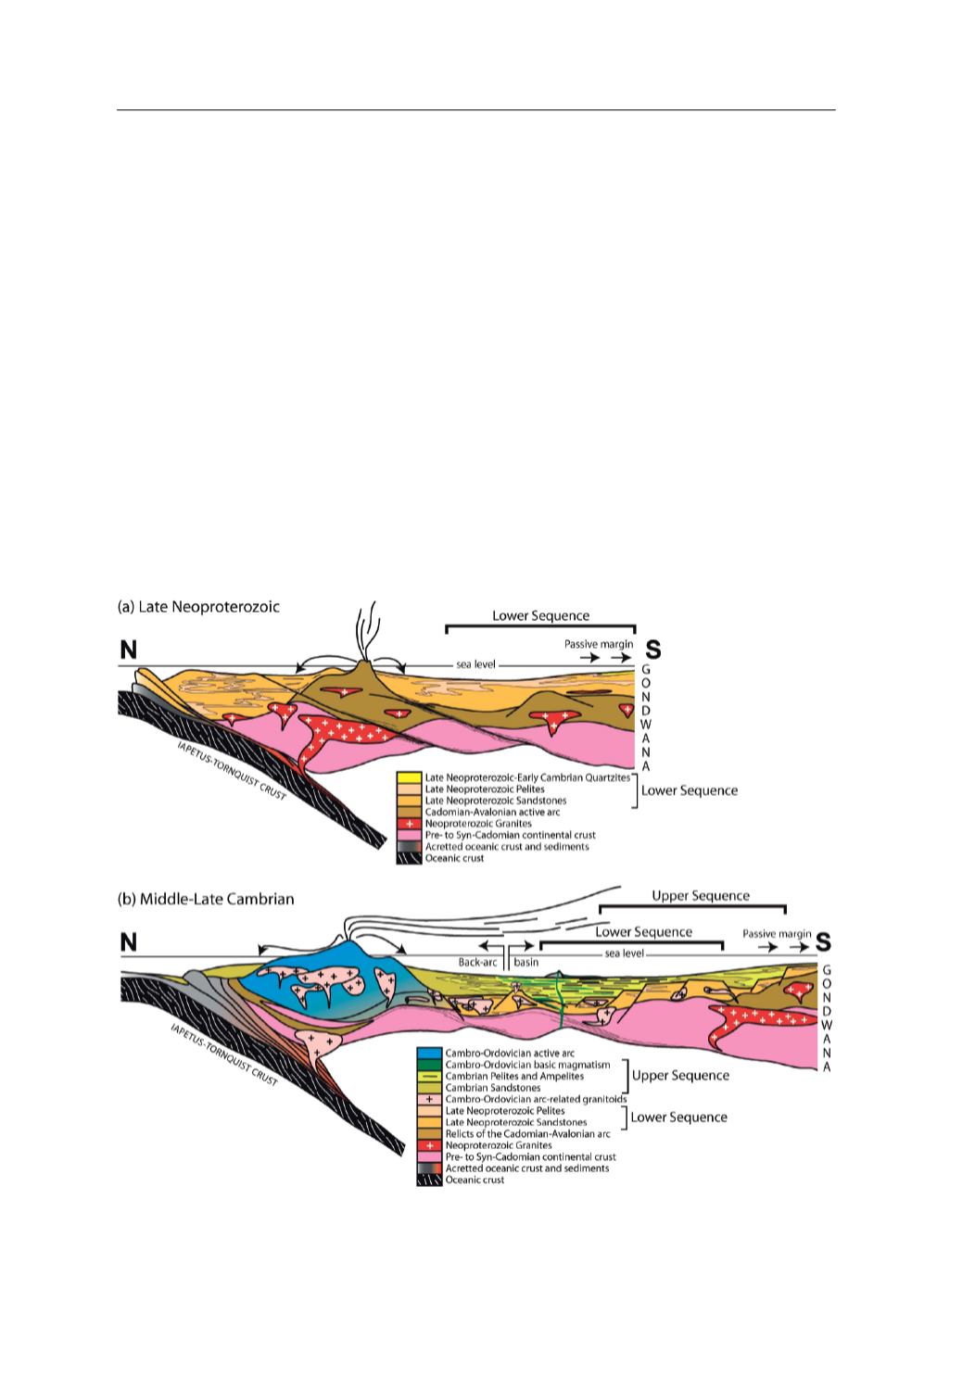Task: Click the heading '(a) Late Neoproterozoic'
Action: (198, 607)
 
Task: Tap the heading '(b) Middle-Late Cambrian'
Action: (205, 899)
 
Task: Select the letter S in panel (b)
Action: (822, 942)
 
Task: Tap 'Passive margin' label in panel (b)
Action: (777, 934)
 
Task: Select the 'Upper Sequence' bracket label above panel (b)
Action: (700, 896)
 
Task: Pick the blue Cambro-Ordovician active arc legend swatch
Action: (428, 1054)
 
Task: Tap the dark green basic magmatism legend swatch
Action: (428, 1065)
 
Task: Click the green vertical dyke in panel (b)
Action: (560, 1001)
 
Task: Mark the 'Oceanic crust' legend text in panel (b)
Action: (475, 1180)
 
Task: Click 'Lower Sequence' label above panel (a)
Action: (540, 616)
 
